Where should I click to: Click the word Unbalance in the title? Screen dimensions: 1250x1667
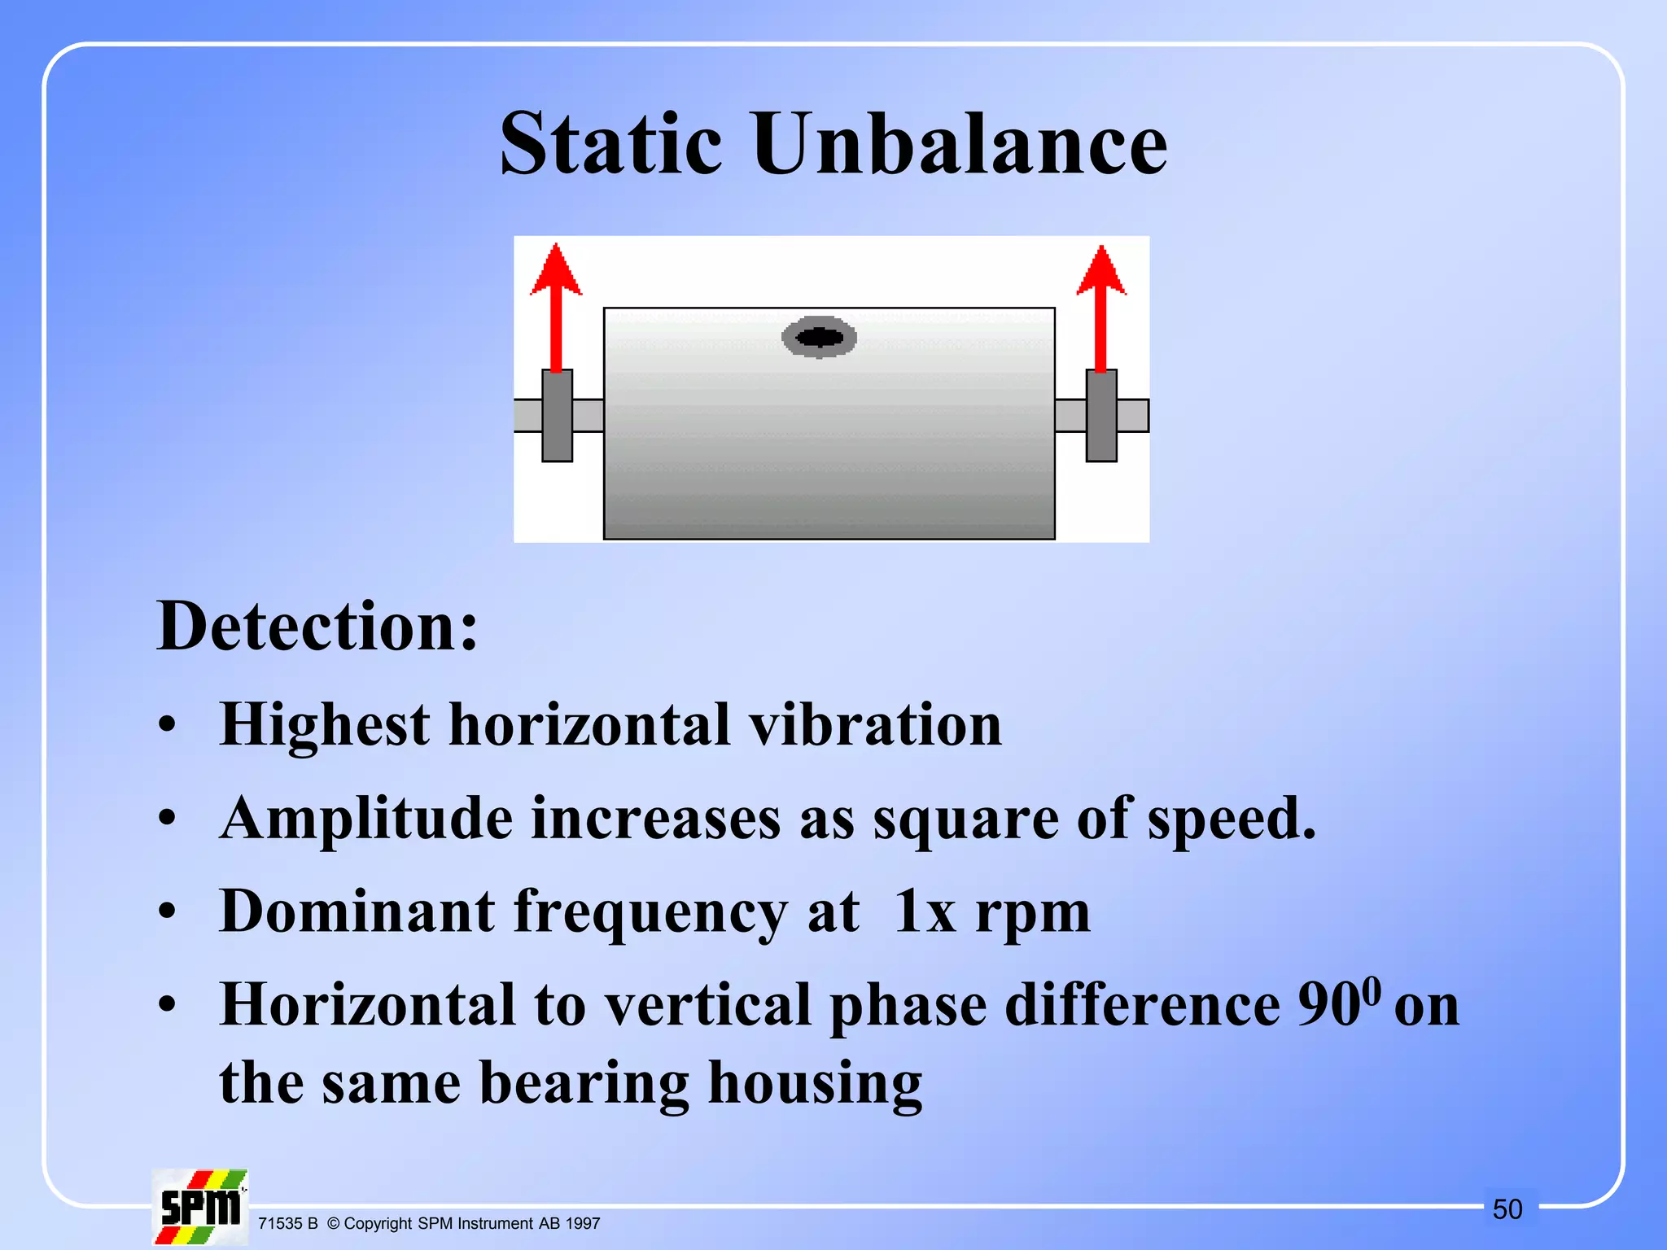coord(960,145)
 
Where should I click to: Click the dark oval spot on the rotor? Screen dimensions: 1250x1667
coord(819,336)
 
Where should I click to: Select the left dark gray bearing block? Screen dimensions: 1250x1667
coord(558,416)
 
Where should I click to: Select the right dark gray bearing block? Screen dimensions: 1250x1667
coord(1101,416)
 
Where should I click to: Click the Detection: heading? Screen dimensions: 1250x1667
coord(317,627)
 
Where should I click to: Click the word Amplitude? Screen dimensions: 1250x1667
coord(366,819)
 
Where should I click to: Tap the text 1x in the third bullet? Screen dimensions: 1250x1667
coord(925,912)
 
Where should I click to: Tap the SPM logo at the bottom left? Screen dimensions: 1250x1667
coord(200,1207)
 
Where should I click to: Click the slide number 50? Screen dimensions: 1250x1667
coord(1507,1209)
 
